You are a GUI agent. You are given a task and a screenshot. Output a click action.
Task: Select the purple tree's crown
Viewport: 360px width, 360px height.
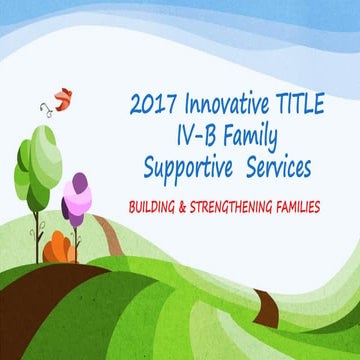coord(75,198)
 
